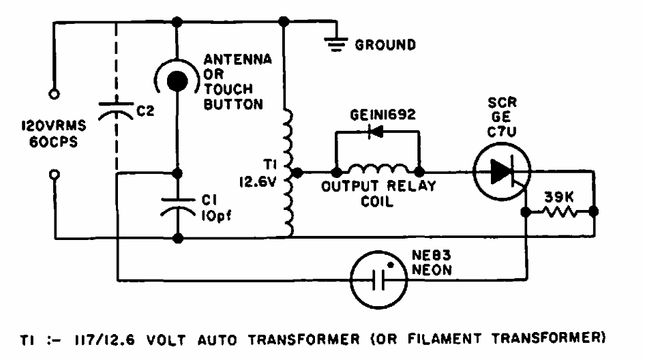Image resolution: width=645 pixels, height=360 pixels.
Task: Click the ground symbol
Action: [335, 42]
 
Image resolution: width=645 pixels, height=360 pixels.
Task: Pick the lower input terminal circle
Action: [54, 175]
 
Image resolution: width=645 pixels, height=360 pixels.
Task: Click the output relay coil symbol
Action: [378, 170]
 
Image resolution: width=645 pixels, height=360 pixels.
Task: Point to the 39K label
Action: [559, 197]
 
